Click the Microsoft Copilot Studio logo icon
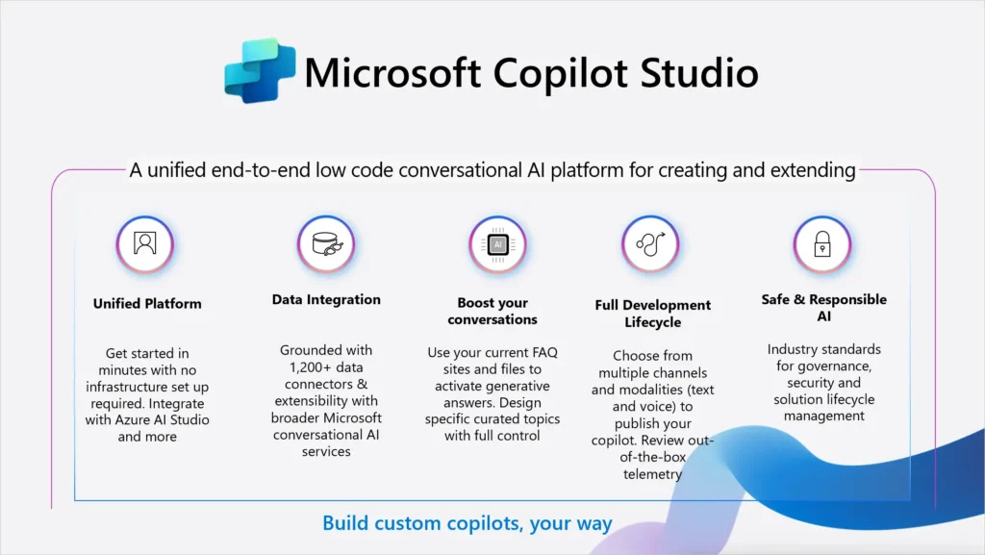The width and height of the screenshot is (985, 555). tap(261, 70)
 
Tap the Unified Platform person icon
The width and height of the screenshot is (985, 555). tap(145, 244)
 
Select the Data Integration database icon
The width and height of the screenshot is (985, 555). tap(326, 243)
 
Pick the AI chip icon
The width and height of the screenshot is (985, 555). tap(497, 245)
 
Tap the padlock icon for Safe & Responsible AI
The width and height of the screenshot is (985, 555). tap(821, 244)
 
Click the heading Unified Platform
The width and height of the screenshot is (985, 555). tap(147, 303)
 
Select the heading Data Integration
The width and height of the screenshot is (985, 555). tap(326, 300)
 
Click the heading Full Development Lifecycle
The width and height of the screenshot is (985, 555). tap(652, 314)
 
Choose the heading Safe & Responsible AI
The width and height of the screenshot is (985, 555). tap(823, 308)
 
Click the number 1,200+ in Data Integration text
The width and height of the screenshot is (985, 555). tap(305, 366)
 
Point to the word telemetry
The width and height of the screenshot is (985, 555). tap(652, 474)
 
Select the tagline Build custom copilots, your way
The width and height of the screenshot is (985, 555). tap(467, 524)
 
